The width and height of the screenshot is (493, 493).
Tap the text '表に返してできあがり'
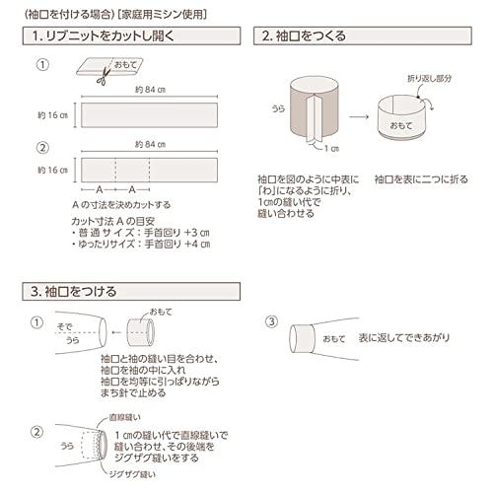pyautogui.click(x=404, y=339)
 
